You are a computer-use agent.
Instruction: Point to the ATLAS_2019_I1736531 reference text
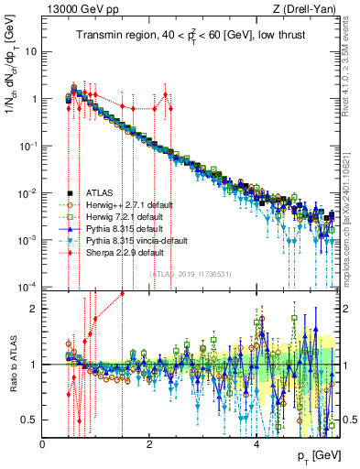tap(190, 273)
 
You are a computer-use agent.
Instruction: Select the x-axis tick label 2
tap(150, 444)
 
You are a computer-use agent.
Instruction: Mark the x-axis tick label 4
tap(256, 444)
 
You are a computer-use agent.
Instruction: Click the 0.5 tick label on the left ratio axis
tap(29, 420)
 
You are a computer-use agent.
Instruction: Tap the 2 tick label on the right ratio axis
tap(346, 309)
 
